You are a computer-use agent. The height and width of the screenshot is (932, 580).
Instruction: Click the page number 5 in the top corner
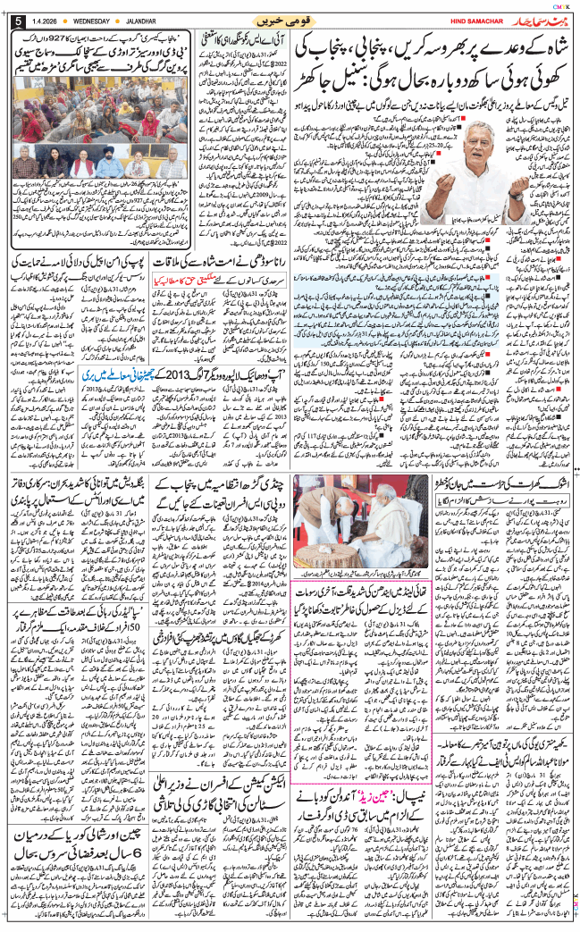(14, 21)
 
